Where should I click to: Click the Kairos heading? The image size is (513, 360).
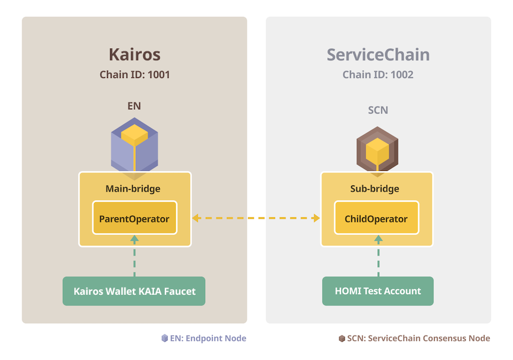tap(135, 54)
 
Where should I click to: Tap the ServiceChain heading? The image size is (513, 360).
tap(378, 55)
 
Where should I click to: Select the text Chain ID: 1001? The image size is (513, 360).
tap(135, 75)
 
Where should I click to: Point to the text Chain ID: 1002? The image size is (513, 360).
tap(378, 75)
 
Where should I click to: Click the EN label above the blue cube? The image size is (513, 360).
tap(134, 106)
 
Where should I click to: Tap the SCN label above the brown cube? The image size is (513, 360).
tap(378, 110)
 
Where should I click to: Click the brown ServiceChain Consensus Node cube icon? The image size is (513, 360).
tap(378, 149)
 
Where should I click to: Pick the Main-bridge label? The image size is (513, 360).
tap(133, 188)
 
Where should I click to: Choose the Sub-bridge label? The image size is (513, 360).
tap(375, 188)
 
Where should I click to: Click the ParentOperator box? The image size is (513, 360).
tap(135, 218)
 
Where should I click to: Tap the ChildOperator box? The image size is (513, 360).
tap(376, 218)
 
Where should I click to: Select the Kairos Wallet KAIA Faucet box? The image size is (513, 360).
tap(134, 291)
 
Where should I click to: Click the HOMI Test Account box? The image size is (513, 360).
tap(378, 291)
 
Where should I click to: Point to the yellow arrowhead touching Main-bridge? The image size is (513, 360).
tap(196, 218)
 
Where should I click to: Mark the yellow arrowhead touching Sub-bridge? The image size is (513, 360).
tap(316, 218)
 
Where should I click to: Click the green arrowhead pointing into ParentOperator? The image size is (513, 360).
tap(135, 239)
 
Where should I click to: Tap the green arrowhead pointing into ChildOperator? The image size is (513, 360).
tap(378, 239)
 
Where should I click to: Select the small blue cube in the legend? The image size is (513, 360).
tap(165, 338)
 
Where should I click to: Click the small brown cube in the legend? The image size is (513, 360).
tap(342, 338)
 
